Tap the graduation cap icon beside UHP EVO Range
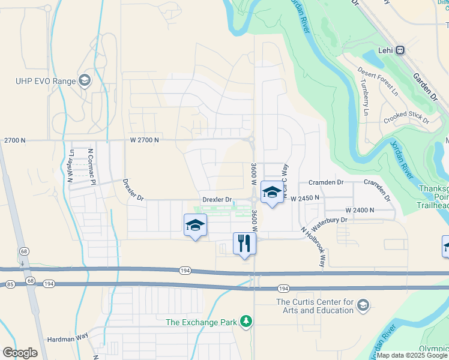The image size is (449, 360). (x=85, y=81)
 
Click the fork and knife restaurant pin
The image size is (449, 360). (x=244, y=243)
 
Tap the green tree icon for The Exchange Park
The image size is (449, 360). (x=246, y=322)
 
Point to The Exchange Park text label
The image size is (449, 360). (x=202, y=322)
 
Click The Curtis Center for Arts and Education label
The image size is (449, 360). (x=314, y=306)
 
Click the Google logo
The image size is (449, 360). (x=20, y=353)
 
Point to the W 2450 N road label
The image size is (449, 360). (x=305, y=197)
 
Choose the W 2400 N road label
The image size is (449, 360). (x=360, y=210)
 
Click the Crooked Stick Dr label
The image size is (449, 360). (x=406, y=117)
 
